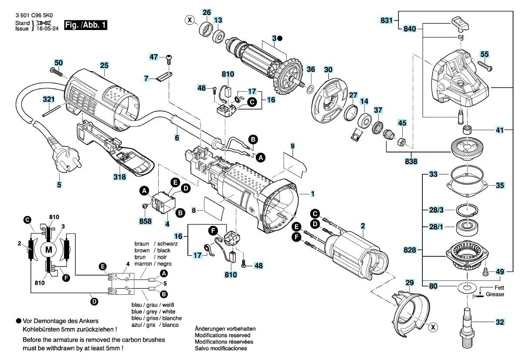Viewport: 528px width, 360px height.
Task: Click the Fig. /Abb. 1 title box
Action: coord(86,25)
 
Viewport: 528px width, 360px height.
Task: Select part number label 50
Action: coord(59,63)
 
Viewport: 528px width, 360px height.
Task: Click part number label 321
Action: coord(49,100)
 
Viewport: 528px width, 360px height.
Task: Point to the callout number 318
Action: coord(120,177)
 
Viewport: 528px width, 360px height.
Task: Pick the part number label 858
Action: coord(146,221)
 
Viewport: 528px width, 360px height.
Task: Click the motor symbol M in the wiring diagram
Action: coord(49,250)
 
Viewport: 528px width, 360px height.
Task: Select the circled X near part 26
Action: coord(189,20)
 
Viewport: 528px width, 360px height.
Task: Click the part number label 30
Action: coord(328,70)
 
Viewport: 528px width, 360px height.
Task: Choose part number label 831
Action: coord(387,20)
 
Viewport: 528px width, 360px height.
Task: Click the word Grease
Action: coord(495,294)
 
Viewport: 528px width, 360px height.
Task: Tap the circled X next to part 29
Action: coord(433,327)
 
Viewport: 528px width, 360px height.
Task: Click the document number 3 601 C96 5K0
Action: coord(30,15)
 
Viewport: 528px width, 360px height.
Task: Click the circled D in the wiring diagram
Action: coord(94,301)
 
